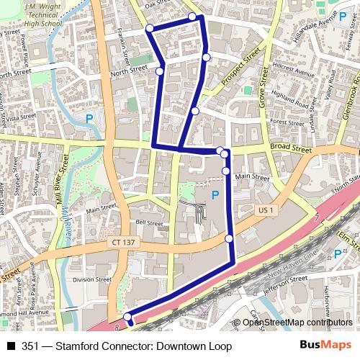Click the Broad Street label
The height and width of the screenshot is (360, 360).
(x=291, y=150)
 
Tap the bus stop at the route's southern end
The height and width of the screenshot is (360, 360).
(x=128, y=318)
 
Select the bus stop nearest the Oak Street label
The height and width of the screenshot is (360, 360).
(x=192, y=16)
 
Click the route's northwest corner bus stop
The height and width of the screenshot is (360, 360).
(x=150, y=28)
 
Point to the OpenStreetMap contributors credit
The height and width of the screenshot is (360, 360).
(x=295, y=322)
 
